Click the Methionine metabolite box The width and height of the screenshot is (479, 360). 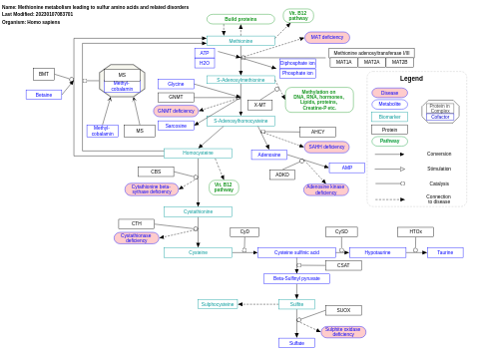(x=240, y=41)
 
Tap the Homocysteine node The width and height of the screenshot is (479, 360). (x=198, y=154)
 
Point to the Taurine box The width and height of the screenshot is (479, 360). (x=445, y=252)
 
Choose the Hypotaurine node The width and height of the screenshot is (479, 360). (x=377, y=252)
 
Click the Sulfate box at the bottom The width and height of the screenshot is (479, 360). (x=296, y=343)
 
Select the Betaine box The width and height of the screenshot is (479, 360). (x=43, y=95)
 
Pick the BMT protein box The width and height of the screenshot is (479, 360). (x=44, y=74)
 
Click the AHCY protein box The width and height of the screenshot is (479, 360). (x=317, y=132)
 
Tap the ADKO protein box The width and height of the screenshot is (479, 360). (x=282, y=175)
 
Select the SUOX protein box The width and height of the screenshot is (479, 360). (x=343, y=310)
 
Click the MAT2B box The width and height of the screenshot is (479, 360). (x=399, y=62)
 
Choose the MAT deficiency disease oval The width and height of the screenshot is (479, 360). (x=326, y=37)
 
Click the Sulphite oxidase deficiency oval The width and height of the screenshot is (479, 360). (x=343, y=332)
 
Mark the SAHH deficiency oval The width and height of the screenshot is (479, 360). (x=327, y=147)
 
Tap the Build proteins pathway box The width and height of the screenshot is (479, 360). (x=240, y=19)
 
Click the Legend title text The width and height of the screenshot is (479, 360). (x=411, y=78)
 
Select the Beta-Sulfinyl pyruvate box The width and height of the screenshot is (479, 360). (x=296, y=278)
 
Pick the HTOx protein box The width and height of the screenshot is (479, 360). (x=415, y=231)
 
